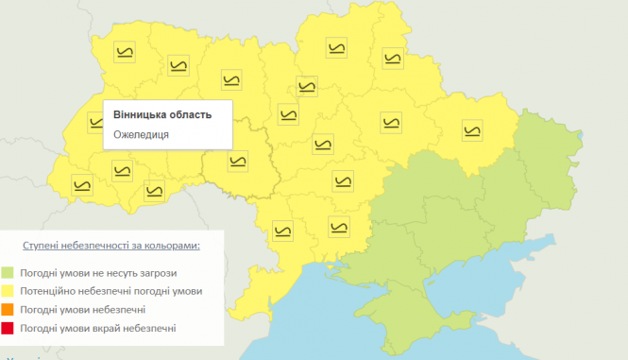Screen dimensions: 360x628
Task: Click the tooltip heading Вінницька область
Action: pyautogui.click(x=161, y=115)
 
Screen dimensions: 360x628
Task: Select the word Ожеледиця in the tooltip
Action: pyautogui.click(x=141, y=134)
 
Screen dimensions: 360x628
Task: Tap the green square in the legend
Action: pyautogui.click(x=8, y=273)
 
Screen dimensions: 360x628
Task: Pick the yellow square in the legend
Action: pyautogui.click(x=8, y=291)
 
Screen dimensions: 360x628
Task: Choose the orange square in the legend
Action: pyautogui.click(x=8, y=310)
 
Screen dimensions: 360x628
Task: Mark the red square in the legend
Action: pyautogui.click(x=8, y=328)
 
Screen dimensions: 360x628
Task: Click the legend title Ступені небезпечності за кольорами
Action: pyautogui.click(x=110, y=245)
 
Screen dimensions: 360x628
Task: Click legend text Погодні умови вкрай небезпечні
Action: pyautogui.click(x=97, y=328)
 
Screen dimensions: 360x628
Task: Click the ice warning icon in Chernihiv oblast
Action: pyautogui.click(x=334, y=48)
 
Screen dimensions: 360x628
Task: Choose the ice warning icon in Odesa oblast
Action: pyautogui.click(x=281, y=231)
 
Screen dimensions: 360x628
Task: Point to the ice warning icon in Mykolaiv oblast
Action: pyautogui.click(x=337, y=226)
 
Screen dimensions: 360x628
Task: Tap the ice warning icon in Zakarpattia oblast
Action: pyautogui.click(x=83, y=185)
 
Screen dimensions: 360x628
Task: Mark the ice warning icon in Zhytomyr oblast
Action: pyautogui.click(x=231, y=80)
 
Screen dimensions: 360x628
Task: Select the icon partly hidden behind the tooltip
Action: pyautogui.click(x=96, y=121)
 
